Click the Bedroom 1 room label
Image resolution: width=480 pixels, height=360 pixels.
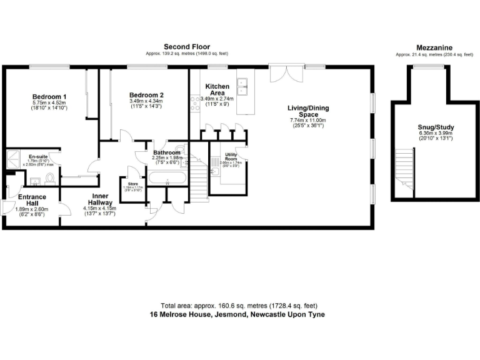tap(49, 96)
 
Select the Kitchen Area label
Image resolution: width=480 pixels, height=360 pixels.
tap(217, 89)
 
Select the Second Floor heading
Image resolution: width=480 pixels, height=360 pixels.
tap(186, 47)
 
